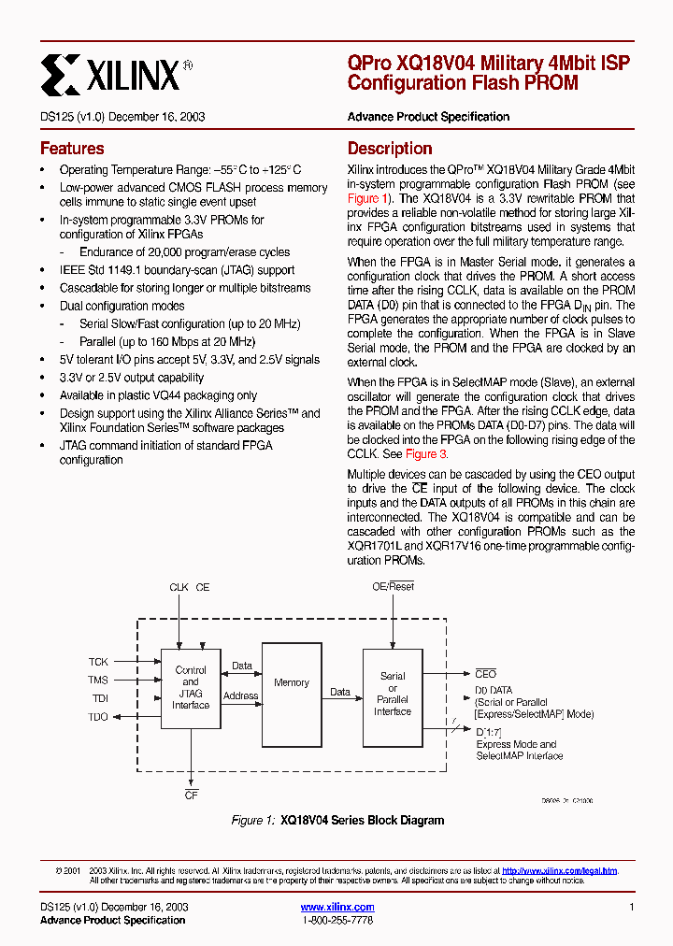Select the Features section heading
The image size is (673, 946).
[x=72, y=149]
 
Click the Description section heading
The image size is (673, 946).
[x=390, y=149]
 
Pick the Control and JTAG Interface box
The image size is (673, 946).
[x=191, y=689]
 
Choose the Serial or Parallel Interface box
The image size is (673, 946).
[x=393, y=694]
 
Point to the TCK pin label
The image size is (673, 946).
[x=98, y=662]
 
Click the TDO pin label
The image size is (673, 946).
[x=98, y=717]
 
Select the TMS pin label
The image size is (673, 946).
[x=98, y=681]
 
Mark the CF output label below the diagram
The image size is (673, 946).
[x=191, y=795]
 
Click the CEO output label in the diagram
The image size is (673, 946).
[x=486, y=674]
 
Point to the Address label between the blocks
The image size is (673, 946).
[x=241, y=695]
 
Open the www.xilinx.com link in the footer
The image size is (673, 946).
[x=337, y=907]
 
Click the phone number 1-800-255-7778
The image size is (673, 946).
[x=337, y=921]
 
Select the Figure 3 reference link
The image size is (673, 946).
[x=427, y=454]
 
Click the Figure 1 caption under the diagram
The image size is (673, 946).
[x=337, y=820]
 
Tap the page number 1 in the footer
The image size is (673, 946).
[x=632, y=908]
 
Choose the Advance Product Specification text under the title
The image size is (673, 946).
[x=428, y=117]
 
